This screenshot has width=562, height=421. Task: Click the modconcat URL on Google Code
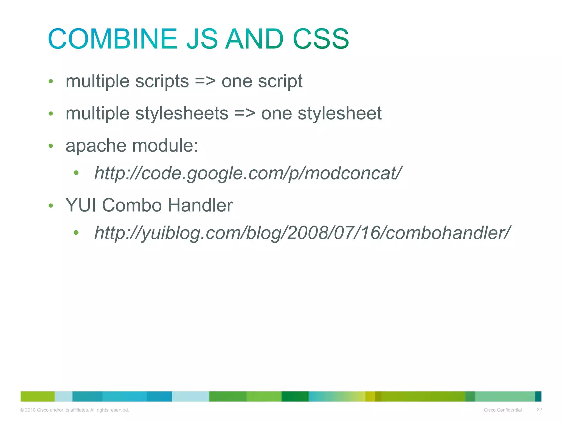(248, 173)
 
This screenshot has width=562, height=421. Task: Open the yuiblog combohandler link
(302, 233)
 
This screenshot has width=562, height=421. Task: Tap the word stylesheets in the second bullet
(182, 113)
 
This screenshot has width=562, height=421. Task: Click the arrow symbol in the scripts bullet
(205, 81)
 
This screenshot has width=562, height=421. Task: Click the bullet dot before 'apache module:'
(51, 146)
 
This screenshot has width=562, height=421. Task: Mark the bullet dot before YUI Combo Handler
(51, 206)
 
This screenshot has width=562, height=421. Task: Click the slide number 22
(539, 410)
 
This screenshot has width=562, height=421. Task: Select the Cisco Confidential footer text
(503, 410)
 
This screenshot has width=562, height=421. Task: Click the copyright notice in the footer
(75, 410)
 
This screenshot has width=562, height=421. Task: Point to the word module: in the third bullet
(165, 146)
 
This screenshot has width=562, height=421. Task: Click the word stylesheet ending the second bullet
(339, 113)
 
